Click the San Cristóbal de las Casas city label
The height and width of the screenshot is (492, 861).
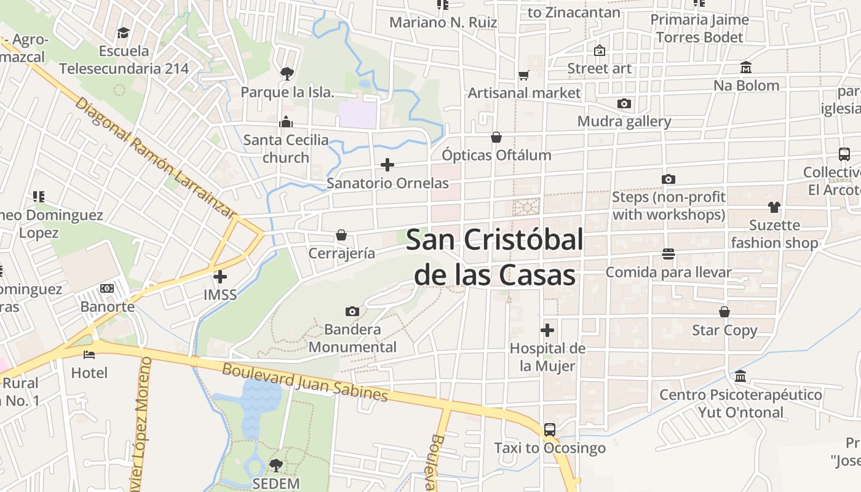pyautogui.click(x=494, y=257)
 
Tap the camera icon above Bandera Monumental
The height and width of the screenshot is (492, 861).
pyautogui.click(x=352, y=311)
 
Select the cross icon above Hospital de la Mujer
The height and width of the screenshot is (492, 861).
pyautogui.click(x=547, y=330)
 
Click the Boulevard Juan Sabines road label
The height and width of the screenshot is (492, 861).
pyautogui.click(x=305, y=383)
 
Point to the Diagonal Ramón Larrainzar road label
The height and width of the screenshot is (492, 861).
pyautogui.click(x=156, y=158)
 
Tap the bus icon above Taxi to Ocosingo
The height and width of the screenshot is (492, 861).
pyautogui.click(x=550, y=430)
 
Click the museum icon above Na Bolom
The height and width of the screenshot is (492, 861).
pyautogui.click(x=746, y=67)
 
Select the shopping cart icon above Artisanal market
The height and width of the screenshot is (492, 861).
pyautogui.click(x=524, y=75)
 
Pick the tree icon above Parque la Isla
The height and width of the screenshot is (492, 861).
pyautogui.click(x=287, y=74)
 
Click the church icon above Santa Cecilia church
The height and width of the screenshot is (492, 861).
pyautogui.click(x=285, y=122)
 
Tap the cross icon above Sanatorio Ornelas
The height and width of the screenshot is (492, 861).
pyautogui.click(x=387, y=165)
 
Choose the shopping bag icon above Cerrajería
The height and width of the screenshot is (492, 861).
pyautogui.click(x=341, y=235)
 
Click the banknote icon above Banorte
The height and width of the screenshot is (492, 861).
pyautogui.click(x=107, y=288)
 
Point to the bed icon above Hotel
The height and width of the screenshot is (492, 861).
pyautogui.click(x=89, y=354)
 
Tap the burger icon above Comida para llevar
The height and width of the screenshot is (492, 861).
pyautogui.click(x=669, y=254)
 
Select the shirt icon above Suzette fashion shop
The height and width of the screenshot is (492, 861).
pyautogui.click(x=774, y=207)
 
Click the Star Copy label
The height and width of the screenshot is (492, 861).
pyautogui.click(x=724, y=330)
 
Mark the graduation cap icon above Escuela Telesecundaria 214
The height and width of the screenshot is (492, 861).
pyautogui.click(x=124, y=33)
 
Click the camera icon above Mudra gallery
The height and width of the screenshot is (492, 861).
pyautogui.click(x=624, y=103)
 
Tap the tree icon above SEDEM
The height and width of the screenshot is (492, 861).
pyautogui.click(x=276, y=465)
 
